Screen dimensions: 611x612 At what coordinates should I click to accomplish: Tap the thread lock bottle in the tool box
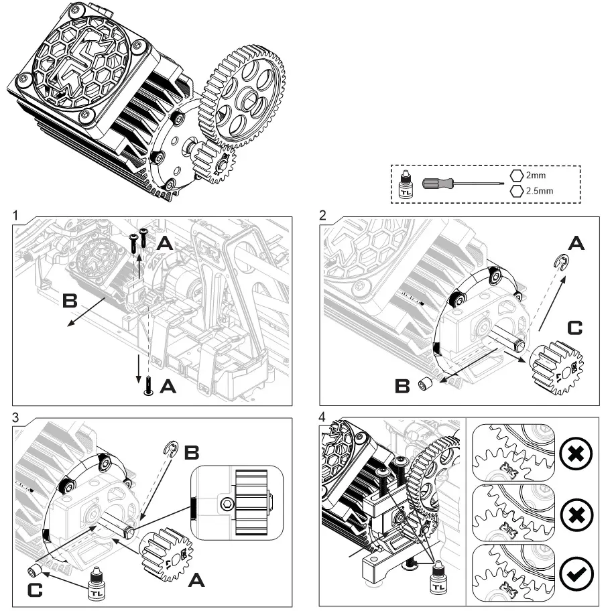tap(406, 184)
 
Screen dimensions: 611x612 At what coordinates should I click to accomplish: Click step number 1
tap(15, 216)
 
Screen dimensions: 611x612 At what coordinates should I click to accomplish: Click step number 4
tap(325, 417)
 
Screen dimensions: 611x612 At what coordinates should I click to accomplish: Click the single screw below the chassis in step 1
tap(147, 387)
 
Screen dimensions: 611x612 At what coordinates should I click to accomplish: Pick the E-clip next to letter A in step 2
tap(562, 259)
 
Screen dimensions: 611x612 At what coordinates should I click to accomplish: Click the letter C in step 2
tap(574, 328)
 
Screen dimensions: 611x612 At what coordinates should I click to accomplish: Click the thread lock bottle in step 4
tap(439, 578)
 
